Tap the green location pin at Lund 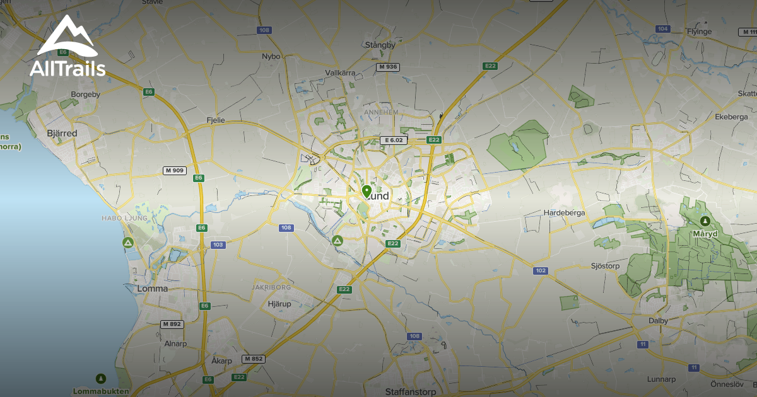click(x=367, y=191)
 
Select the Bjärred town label click(x=62, y=134)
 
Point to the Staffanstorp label click(x=411, y=391)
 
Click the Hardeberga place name click(x=564, y=213)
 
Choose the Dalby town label click(x=659, y=320)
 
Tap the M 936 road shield click(x=387, y=67)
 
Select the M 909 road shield click(x=174, y=170)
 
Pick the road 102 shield click(x=540, y=270)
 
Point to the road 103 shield click(x=218, y=245)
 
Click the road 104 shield click(x=662, y=29)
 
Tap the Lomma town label click(x=152, y=289)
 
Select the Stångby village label click(x=380, y=45)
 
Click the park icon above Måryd click(x=705, y=221)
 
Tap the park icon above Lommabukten click(x=100, y=378)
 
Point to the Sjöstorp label click(x=606, y=266)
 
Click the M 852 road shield click(x=254, y=359)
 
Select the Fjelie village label click(x=216, y=119)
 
